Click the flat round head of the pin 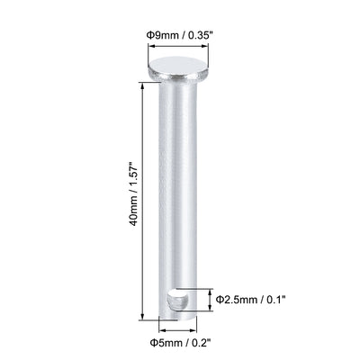[176, 64]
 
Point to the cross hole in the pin [182, 296]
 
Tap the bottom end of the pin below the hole [176, 312]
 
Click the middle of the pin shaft [176, 180]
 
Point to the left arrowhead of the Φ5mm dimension [163, 328]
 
